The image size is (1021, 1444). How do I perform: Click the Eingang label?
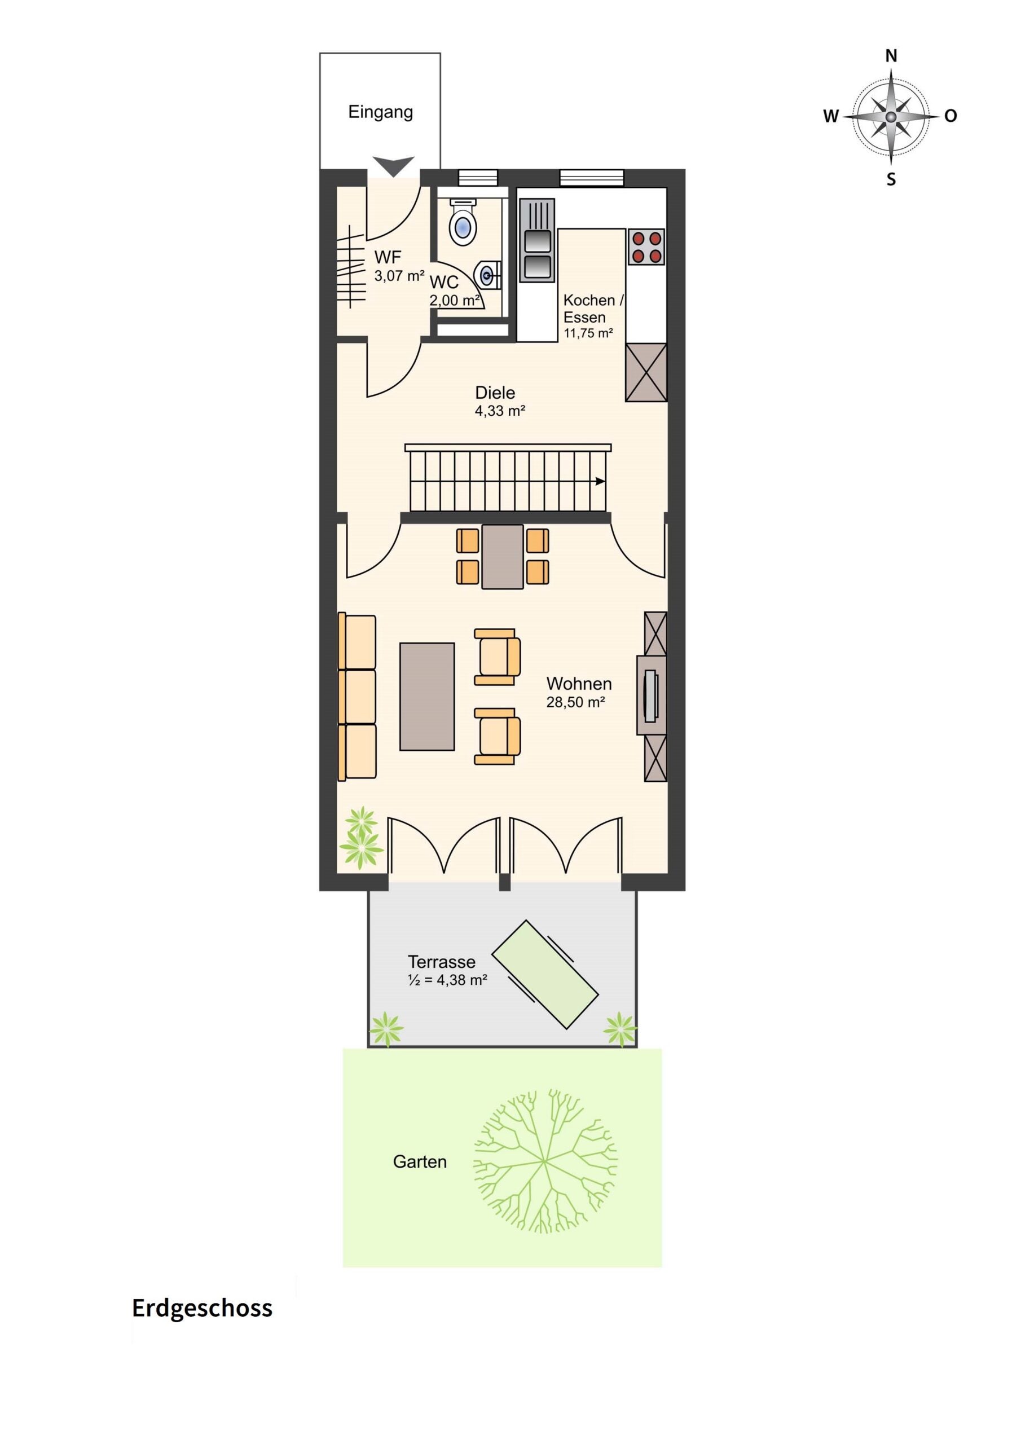[x=381, y=113]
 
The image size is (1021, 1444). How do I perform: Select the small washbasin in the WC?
[x=490, y=275]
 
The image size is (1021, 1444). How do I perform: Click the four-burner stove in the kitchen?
[x=646, y=246]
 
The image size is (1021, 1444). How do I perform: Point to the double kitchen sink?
[x=536, y=240]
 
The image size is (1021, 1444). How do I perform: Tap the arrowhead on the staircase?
[x=601, y=481]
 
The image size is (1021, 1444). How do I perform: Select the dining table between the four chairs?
[x=503, y=557]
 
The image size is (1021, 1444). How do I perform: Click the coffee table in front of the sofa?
[x=427, y=696]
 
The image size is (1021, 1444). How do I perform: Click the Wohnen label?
[x=579, y=684]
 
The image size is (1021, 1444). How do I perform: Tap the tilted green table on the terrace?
[x=545, y=975]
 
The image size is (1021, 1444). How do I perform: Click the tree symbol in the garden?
[x=545, y=1161]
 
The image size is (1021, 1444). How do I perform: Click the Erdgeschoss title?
[x=202, y=1308]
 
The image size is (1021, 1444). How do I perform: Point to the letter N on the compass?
[x=891, y=56]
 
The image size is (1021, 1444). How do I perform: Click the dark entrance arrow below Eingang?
[x=393, y=166]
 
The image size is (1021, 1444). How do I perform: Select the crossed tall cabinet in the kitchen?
[x=645, y=372]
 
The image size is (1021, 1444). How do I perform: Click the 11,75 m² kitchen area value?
[x=588, y=333]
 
